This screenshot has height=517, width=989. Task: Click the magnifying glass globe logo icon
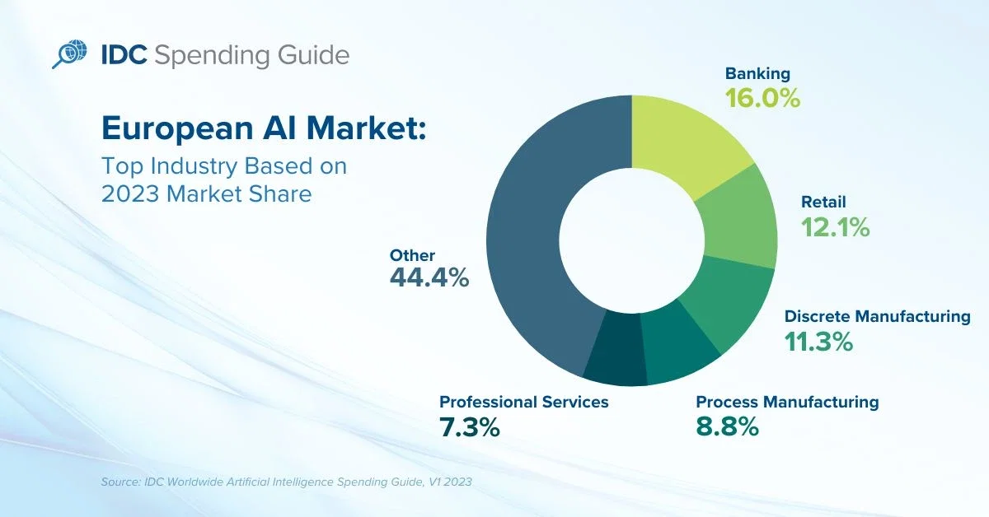pos(69,54)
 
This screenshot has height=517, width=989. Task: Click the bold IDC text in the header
pos(124,55)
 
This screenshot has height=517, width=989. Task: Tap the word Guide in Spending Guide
pos(313,56)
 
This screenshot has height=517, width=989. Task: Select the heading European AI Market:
pos(264,128)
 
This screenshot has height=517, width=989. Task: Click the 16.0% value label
pos(762,98)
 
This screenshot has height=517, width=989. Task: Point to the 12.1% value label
pos(836,227)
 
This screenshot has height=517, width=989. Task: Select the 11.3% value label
pos(818,342)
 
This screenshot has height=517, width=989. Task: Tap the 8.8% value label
pos(727,426)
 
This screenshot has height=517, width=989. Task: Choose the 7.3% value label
pos(469,427)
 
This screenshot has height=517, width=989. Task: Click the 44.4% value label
pos(429,277)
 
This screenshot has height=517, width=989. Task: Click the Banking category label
pos(757,73)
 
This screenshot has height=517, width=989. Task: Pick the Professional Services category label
pos(523,402)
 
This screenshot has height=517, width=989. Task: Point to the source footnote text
pos(287,482)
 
